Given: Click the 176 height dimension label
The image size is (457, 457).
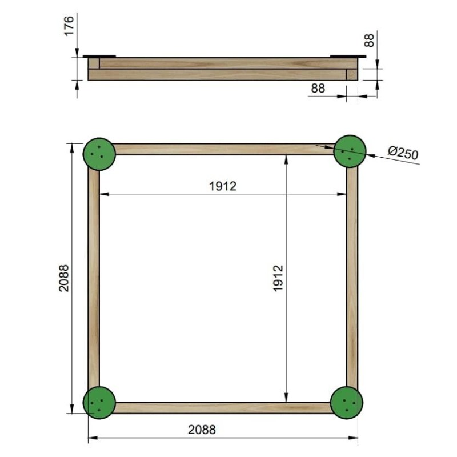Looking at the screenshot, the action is pyautogui.click(x=69, y=26).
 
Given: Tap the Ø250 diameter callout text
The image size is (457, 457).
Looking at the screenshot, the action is pyautogui.click(x=403, y=153).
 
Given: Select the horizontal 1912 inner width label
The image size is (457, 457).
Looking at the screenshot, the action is pyautogui.click(x=223, y=186).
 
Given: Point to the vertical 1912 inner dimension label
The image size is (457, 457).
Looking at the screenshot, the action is pyautogui.click(x=278, y=278).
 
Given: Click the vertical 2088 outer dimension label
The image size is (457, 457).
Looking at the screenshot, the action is pyautogui.click(x=64, y=278).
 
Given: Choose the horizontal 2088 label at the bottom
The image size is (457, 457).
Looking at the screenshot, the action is pyautogui.click(x=202, y=430).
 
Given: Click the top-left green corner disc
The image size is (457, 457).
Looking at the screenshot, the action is pyautogui.click(x=99, y=154).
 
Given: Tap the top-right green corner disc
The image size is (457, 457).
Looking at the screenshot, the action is pyautogui.click(x=350, y=151).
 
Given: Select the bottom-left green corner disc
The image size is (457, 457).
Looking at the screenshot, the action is pyautogui.click(x=99, y=403).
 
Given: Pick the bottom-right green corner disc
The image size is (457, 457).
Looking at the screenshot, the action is pyautogui.click(x=347, y=403).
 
